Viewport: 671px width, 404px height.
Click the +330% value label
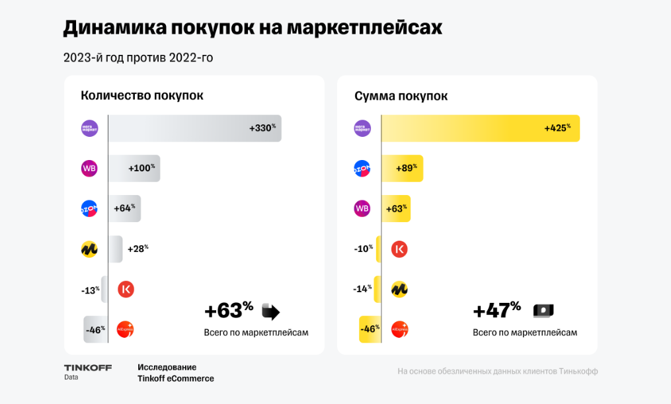(262, 128)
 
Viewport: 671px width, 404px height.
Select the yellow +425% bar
(480, 128)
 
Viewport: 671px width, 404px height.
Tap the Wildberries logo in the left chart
(89, 169)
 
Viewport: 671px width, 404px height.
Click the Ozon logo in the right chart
(362, 169)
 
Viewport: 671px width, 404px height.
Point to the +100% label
(141, 169)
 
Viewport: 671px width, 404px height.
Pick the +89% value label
(406, 169)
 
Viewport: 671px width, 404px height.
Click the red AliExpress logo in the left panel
(126, 329)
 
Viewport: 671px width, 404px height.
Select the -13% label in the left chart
(90, 290)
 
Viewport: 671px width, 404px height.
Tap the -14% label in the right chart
(363, 289)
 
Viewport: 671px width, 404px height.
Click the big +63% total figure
(229, 311)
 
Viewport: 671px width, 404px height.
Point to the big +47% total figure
(497, 311)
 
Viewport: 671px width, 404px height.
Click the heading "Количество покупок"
(142, 95)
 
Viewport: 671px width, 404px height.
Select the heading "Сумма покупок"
(401, 96)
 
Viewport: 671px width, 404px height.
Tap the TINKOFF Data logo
(88, 372)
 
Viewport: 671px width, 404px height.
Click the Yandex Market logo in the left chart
(89, 249)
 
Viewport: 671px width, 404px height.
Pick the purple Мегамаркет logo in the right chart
(362, 128)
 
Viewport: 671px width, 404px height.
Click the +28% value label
(138, 249)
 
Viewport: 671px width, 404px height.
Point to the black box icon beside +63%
(271, 311)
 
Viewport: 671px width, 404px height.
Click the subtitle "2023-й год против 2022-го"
(138, 58)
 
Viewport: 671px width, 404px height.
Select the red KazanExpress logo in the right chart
(399, 249)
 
